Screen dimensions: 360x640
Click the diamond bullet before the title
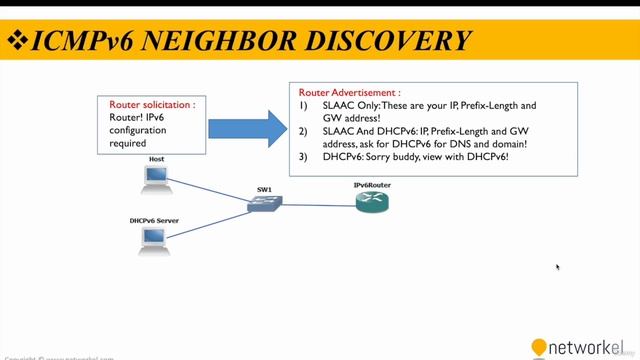tap(17, 41)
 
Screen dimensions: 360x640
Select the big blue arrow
tap(234, 128)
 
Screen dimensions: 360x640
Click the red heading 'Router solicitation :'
tap(152, 104)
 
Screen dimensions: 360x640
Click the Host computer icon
tap(155, 179)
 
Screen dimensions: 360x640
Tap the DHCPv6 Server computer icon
tap(153, 238)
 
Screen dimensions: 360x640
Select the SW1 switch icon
tap(266, 203)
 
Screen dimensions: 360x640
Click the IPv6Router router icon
tap(371, 203)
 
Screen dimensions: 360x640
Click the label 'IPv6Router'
tap(371, 186)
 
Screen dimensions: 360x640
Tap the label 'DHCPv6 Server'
tap(154, 220)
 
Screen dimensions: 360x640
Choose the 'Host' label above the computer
tap(157, 159)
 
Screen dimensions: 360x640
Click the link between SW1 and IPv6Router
tap(319, 204)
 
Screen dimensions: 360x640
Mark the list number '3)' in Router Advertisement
tap(304, 157)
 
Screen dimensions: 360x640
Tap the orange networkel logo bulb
tap(539, 347)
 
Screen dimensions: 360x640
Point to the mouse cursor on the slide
tap(557, 266)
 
